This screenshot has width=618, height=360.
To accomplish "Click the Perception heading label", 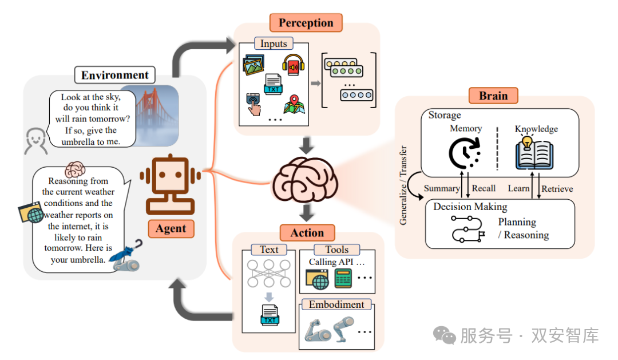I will (306, 23).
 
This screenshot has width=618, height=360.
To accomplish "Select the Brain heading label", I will (493, 95).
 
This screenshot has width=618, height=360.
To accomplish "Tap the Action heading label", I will (307, 232).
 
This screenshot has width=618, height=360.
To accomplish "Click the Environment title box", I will (114, 75).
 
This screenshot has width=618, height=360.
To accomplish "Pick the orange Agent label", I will (171, 228).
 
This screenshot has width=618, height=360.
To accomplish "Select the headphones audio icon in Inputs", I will (292, 64).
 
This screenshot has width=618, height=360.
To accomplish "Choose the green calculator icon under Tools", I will (343, 278).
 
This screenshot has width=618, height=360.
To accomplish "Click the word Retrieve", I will (557, 188).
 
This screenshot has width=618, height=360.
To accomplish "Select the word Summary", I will (441, 188).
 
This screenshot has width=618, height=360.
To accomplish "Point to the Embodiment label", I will (336, 304).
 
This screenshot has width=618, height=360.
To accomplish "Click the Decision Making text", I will (470, 207).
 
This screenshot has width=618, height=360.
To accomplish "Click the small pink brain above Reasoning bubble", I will (75, 169).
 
